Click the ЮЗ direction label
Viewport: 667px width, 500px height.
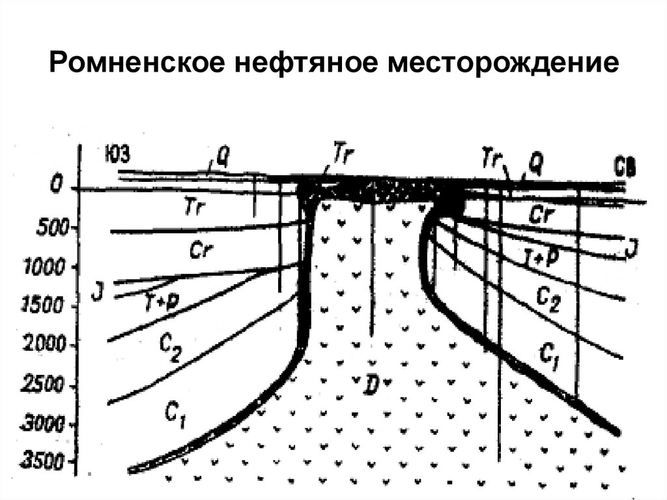(118, 154)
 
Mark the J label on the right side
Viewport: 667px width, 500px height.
(629, 248)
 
